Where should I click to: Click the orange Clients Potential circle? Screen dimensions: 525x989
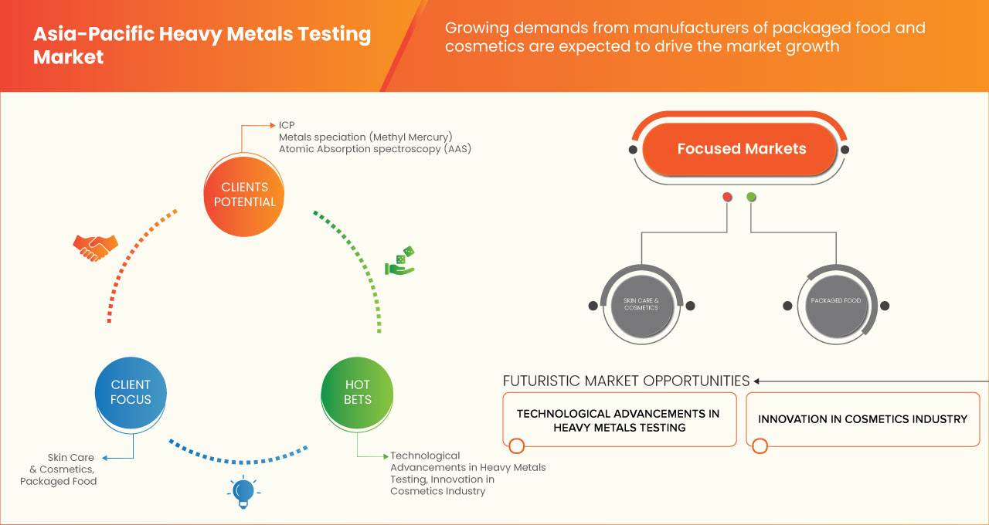pos(243,195)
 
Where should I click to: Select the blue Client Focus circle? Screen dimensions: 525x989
pos(131,392)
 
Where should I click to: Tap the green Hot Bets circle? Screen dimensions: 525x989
pos(358,392)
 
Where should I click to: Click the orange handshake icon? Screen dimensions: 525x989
pos(95,247)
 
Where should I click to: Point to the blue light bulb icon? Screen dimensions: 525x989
pos(243,491)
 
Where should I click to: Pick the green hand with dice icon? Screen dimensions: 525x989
pos(400,262)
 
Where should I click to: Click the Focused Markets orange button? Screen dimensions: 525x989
pos(741,149)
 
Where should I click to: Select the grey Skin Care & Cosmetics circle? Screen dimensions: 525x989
pos(641,304)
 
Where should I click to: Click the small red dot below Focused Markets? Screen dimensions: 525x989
pos(727,197)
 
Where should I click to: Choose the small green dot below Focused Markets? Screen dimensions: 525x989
pos(751,197)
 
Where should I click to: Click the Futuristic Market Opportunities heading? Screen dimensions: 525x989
pos(626,381)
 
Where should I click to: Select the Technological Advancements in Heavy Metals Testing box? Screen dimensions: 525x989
pos(619,420)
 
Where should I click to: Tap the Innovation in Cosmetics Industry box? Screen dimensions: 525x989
pos(862,419)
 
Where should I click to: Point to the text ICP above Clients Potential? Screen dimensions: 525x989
pos(287,125)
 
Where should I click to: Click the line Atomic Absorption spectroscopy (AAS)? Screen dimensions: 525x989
pos(375,148)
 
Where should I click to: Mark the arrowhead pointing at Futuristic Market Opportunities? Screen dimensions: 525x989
pos(758,381)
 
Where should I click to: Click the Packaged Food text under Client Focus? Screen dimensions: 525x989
pos(59,481)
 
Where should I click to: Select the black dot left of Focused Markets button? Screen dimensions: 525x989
pos(633,149)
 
